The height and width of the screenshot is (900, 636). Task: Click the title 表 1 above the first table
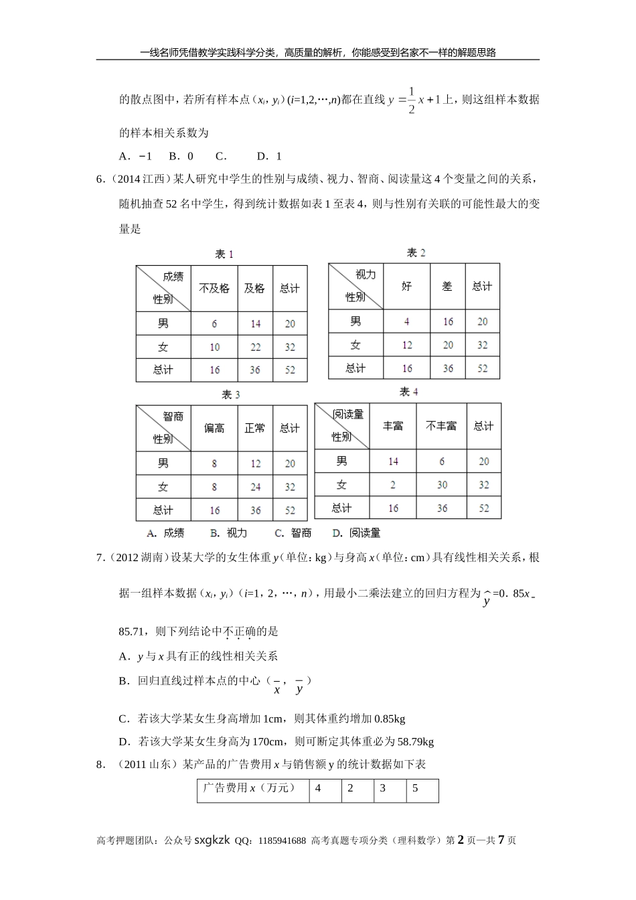coord(224,254)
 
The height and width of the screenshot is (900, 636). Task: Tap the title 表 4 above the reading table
coord(408,392)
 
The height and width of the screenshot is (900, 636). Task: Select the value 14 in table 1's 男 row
coord(255,324)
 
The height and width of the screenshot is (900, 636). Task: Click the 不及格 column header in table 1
coord(214,289)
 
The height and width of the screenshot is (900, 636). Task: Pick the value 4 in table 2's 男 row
coord(406,322)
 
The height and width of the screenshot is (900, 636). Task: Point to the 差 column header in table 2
coord(447,287)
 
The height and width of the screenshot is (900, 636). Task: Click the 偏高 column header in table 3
coord(214,429)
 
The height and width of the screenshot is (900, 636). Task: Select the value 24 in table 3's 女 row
coord(255,487)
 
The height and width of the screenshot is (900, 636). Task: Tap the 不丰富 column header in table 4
coord(441,426)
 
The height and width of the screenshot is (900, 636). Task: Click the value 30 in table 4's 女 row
coord(442,485)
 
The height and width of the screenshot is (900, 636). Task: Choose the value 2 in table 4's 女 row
coord(393,485)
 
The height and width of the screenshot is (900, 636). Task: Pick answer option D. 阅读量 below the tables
coord(356,533)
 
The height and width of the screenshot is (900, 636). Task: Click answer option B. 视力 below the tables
coord(228,533)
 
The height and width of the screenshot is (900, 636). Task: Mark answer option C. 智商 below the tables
coord(293,533)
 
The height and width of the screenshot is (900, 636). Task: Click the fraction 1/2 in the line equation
coord(411,100)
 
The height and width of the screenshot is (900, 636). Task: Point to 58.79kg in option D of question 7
coord(415,741)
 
